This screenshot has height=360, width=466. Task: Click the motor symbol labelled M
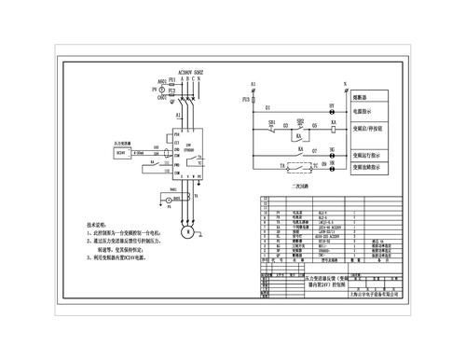pos(186,230)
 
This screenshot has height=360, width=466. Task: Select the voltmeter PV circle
pos(148,90)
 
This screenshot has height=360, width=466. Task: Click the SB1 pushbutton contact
pos(272,126)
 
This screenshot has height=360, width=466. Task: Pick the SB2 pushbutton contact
pos(301,125)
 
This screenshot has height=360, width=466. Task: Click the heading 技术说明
pos(98,225)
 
